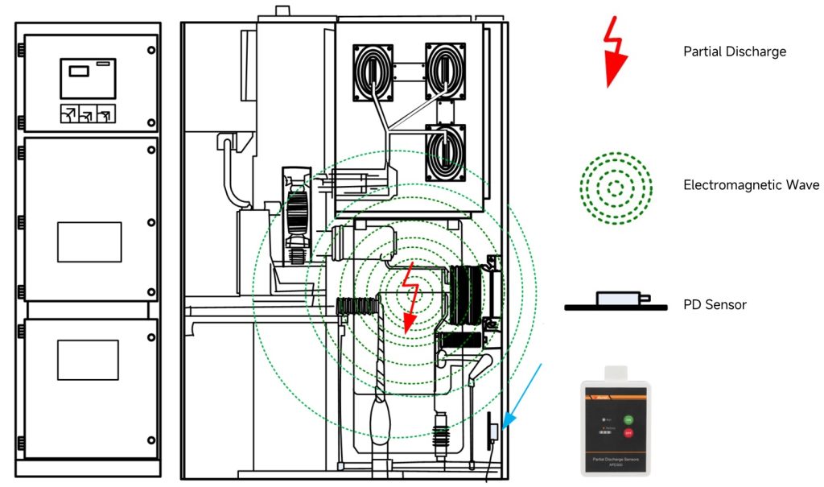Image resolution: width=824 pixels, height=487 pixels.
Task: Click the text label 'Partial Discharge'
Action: point(734,52)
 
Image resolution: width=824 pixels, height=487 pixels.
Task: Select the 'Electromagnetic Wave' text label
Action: point(751,185)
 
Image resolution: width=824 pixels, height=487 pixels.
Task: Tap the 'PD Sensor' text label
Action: point(715,304)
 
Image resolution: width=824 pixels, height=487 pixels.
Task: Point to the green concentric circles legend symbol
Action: point(616,188)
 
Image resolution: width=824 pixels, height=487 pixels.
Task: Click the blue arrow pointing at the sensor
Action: point(522,395)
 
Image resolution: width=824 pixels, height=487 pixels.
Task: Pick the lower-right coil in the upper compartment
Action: point(445,153)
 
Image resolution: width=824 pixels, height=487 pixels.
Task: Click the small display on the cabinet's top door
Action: point(79,71)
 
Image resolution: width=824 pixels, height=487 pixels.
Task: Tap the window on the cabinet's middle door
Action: point(89,242)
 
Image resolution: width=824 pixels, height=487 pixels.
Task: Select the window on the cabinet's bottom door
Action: point(89,360)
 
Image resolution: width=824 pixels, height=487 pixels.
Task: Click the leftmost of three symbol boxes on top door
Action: point(69,114)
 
